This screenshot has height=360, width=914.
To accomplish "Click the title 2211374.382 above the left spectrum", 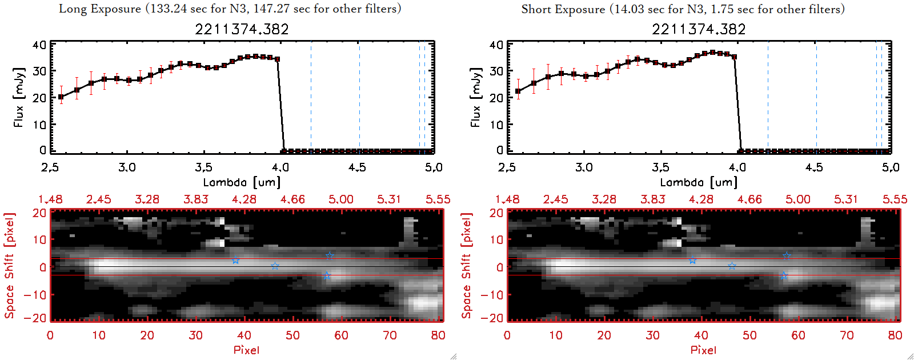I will point(242,29).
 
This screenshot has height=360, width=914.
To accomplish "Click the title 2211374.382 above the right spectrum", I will point(699,29).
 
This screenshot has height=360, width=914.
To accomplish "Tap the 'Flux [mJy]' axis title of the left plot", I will point(19,97).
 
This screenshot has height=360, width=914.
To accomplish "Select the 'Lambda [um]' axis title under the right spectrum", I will point(699,182).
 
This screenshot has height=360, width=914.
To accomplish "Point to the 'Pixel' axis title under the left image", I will point(246,350).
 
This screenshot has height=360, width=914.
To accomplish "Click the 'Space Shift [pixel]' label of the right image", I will point(467,265).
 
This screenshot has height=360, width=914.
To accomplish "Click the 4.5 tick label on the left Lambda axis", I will point(357,167).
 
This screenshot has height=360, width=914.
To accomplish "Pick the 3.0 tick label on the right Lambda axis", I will point(584,167).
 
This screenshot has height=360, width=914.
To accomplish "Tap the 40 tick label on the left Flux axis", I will point(39,45).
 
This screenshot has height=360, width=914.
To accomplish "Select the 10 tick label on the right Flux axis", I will point(496,124).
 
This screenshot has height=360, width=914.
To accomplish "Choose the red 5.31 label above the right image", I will point(846,199).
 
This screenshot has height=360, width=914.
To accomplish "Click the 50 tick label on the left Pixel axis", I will point(292,335).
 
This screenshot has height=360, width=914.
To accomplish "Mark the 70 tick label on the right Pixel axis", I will point(847,335).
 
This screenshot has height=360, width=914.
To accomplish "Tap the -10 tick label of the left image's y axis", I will point(35,294).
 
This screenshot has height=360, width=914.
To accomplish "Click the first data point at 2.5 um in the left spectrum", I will point(61,97).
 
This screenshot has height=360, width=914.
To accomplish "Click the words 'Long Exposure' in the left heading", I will point(100,9).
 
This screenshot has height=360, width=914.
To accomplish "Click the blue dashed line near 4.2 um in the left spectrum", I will point(311,97).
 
